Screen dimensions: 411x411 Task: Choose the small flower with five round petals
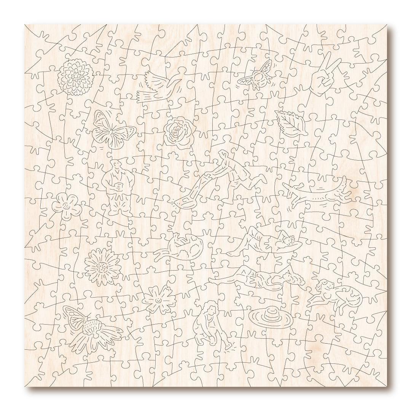(x=67, y=206)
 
